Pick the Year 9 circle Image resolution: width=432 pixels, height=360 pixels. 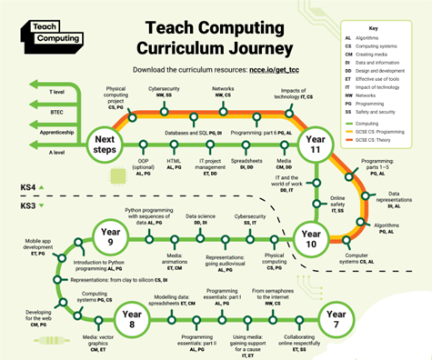[106, 241]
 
